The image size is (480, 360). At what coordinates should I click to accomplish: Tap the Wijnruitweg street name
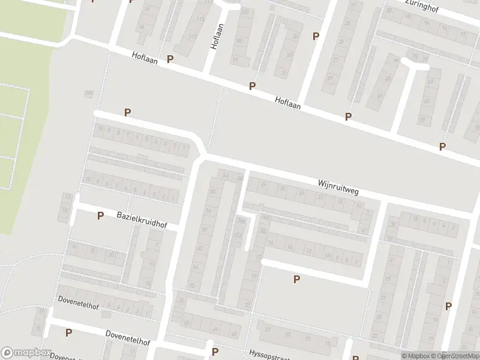click(338, 186)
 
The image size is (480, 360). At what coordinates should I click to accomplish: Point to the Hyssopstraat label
click(269, 354)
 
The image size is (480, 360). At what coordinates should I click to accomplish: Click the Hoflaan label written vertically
click(217, 36)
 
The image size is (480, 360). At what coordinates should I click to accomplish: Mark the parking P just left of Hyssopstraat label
click(215, 352)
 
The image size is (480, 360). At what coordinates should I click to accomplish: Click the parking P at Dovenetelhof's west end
click(68, 332)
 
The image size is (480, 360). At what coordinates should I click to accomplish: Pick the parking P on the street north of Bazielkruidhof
click(127, 112)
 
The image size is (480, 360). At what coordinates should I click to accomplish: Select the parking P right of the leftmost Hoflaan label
click(170, 59)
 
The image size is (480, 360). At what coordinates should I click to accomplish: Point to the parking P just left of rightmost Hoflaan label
click(253, 86)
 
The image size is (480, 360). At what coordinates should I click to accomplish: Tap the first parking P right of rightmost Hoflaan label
click(348, 116)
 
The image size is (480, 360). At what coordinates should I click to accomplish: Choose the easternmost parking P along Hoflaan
click(442, 146)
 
